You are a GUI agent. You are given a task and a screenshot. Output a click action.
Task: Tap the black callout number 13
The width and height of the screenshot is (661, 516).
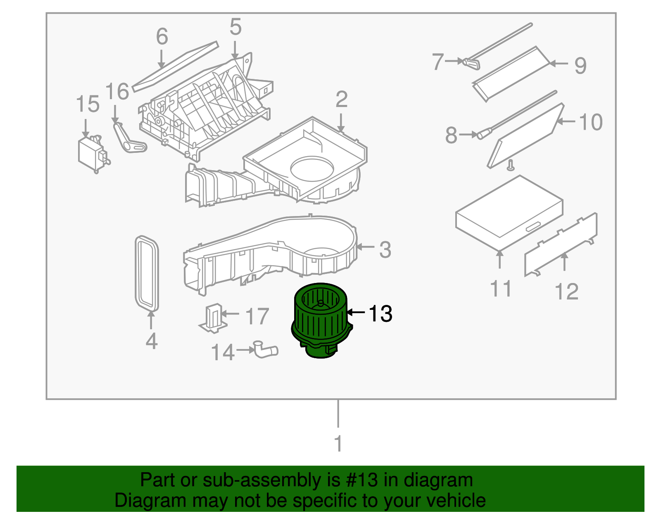pyautogui.click(x=380, y=314)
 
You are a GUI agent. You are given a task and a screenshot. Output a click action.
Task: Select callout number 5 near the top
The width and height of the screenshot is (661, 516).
pyautogui.click(x=235, y=27)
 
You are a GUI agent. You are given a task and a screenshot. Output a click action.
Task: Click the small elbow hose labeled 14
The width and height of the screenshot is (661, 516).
pyautogui.click(x=265, y=350)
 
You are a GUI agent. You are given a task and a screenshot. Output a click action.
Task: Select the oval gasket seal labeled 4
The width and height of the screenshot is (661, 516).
pyautogui.click(x=147, y=273)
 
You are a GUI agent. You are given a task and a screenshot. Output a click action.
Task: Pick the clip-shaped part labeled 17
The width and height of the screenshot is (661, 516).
pyautogui.click(x=214, y=318)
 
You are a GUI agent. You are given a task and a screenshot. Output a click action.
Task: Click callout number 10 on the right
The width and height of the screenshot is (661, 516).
pyautogui.click(x=591, y=122)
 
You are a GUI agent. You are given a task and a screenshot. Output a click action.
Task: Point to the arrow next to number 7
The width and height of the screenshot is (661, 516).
pyautogui.click(x=455, y=61)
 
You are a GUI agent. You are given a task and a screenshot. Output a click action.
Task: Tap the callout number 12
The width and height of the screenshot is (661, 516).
pyautogui.click(x=566, y=292)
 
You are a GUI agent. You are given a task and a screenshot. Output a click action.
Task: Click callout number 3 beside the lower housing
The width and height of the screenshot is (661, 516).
pyautogui.click(x=385, y=250)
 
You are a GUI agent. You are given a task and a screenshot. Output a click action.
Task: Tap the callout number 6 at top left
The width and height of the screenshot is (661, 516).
pyautogui.click(x=162, y=36)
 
